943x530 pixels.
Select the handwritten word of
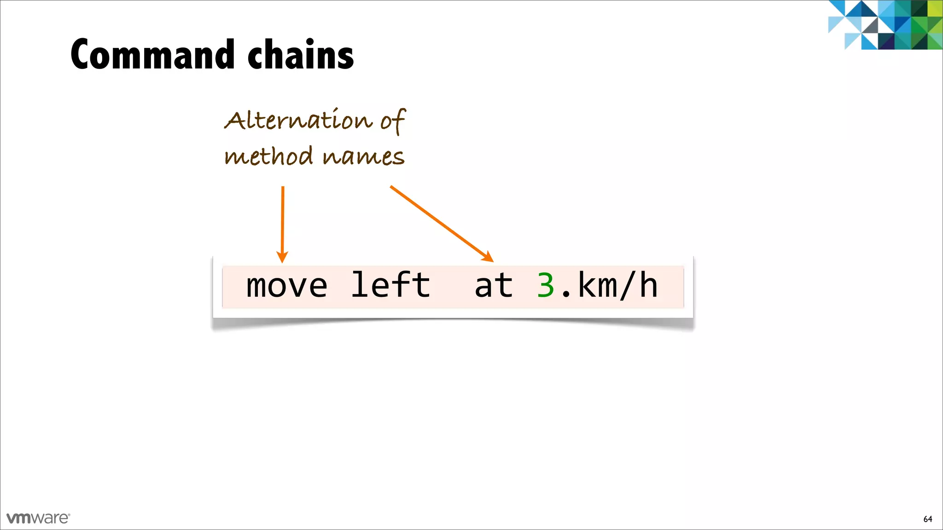click(x=393, y=121)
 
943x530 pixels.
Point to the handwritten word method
click(x=269, y=156)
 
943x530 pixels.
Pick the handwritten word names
click(x=363, y=157)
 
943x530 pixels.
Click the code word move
click(x=286, y=286)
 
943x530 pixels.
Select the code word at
click(x=494, y=286)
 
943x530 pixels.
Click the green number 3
click(x=546, y=286)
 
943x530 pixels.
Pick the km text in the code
click(x=597, y=286)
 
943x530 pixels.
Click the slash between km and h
click(x=628, y=286)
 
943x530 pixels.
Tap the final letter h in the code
click(x=648, y=286)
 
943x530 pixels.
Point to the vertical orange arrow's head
click(x=282, y=257)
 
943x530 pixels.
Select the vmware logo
click(x=38, y=518)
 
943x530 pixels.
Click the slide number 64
click(x=927, y=519)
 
